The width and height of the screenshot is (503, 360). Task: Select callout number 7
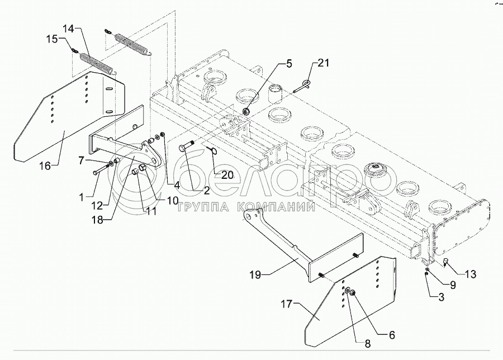[82, 160]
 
